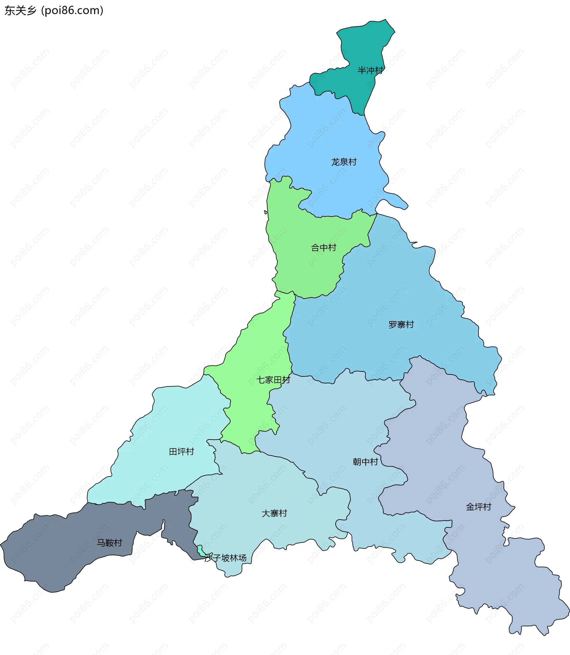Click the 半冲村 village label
[370, 70]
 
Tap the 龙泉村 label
[344, 162]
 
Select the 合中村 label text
[324, 248]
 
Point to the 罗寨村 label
[401, 325]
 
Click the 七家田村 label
[273, 380]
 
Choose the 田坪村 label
[181, 452]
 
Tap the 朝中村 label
[365, 462]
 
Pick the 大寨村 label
[274, 513]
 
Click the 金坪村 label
[478, 507]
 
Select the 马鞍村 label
[110, 543]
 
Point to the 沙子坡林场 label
[226, 558]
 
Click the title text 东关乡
[21, 10]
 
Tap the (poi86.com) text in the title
[72, 10]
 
